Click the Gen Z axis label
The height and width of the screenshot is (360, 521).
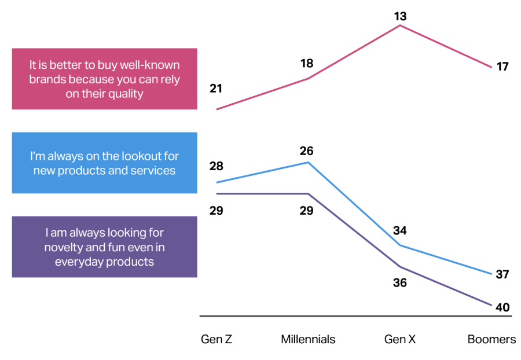coord(216,339)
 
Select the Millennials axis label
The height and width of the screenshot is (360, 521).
coord(308,339)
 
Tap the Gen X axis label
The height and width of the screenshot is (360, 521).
coord(400,339)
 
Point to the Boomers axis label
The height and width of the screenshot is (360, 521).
coord(492,339)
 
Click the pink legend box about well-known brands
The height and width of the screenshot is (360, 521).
coord(105,79)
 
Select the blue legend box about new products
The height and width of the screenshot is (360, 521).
coord(105,163)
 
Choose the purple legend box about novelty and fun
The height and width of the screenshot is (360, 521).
coord(105,247)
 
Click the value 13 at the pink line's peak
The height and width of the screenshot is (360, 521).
coord(400,16)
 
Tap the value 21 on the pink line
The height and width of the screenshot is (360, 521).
coord(216,89)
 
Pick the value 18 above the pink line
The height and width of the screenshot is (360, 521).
coord(307,63)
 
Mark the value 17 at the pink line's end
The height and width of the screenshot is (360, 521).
coord(502,67)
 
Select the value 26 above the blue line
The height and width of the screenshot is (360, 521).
coord(307,151)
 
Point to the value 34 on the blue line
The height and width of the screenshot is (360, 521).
coord(400,231)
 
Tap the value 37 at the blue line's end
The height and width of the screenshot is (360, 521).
coord(502,274)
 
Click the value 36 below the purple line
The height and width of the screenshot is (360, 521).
coord(400,283)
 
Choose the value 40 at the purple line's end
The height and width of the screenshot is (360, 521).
coord(502,307)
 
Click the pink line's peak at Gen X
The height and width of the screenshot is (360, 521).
coord(400,25)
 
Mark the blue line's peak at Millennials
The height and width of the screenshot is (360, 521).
coord(308,162)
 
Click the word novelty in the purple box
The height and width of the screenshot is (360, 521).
coord(62,247)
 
